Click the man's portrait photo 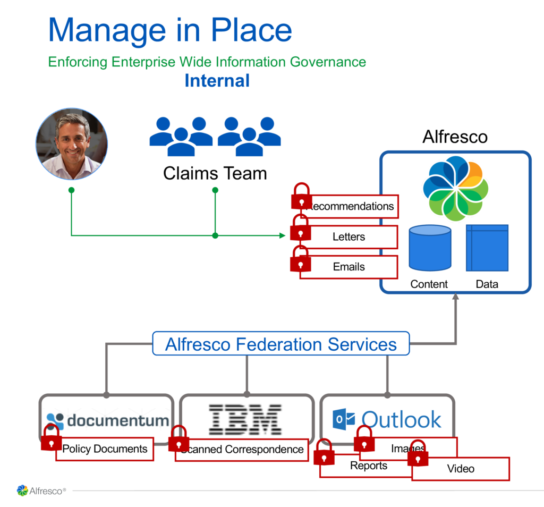tap(72, 145)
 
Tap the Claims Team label tap(215, 173)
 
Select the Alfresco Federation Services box tap(280, 344)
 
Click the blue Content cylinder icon tap(429, 248)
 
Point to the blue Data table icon tap(487, 248)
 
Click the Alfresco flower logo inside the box tap(455, 188)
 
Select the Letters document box tap(348, 237)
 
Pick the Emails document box tap(348, 267)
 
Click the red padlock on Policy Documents tap(51, 438)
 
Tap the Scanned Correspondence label tap(242, 450)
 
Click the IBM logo tap(245, 419)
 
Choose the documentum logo tap(108, 421)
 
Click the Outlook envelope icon tap(343, 420)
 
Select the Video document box tap(461, 469)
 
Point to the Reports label tap(369, 466)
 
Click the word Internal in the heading tap(217, 81)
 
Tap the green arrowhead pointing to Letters tap(283, 235)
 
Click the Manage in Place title tap(170, 30)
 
